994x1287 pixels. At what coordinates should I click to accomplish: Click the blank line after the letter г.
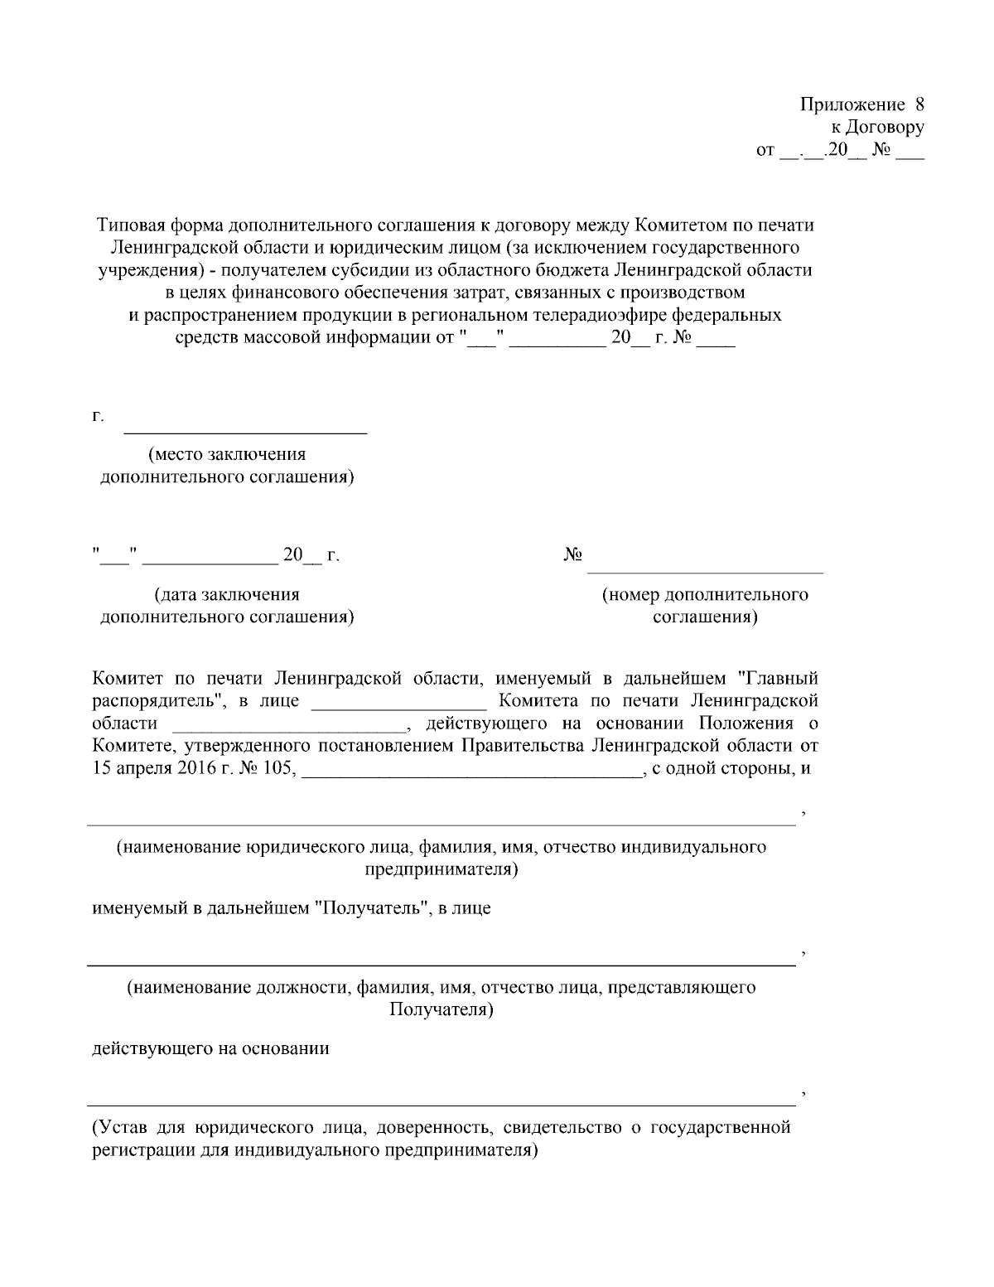[x=245, y=430]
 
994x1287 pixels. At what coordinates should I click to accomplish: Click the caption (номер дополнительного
[x=705, y=594]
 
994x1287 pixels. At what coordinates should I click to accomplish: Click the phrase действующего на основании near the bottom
[x=210, y=1048]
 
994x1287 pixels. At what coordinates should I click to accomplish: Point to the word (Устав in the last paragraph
[x=117, y=1128]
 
